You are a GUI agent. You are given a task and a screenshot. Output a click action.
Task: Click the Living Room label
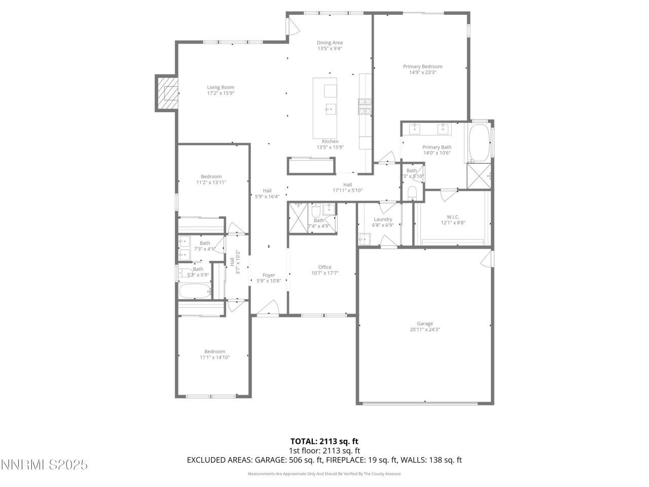(x=221, y=87)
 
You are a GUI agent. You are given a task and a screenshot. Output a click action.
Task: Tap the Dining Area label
(x=330, y=43)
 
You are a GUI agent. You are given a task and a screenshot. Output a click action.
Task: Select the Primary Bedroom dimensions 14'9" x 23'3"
(x=422, y=73)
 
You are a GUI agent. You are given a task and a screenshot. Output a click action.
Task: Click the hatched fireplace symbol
(x=167, y=93)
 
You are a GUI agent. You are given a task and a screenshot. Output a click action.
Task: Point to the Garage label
(x=424, y=324)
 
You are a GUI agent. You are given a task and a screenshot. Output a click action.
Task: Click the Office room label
(x=324, y=267)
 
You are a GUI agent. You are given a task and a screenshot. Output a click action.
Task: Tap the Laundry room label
(x=382, y=219)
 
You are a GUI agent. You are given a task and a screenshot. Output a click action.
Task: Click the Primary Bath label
(x=437, y=147)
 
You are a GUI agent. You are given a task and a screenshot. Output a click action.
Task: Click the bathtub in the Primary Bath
(x=478, y=142)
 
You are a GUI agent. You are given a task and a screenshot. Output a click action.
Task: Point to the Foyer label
(x=269, y=275)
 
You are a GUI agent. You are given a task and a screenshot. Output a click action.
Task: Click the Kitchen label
(x=330, y=142)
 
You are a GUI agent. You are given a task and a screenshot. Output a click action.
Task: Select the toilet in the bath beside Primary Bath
(x=412, y=193)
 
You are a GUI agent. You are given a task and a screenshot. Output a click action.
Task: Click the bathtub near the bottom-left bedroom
(x=194, y=291)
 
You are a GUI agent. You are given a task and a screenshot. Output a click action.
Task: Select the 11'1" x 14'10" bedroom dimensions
(x=214, y=357)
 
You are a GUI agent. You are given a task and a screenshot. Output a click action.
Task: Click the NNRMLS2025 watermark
(x=45, y=465)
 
